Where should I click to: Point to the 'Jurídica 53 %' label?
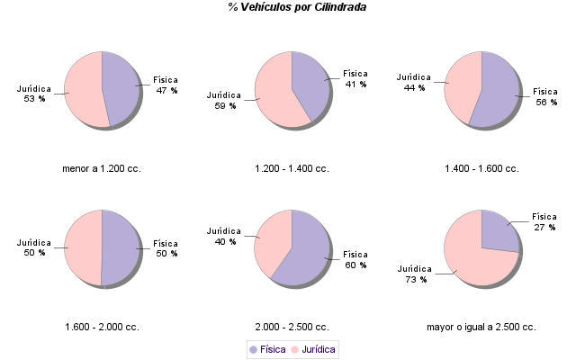click(x=35, y=94)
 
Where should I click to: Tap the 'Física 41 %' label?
click(x=355, y=79)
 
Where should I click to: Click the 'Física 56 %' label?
click(x=546, y=96)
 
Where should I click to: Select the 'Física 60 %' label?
click(x=355, y=259)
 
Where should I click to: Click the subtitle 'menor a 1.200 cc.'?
click(x=102, y=168)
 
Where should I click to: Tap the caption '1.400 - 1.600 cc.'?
click(x=481, y=168)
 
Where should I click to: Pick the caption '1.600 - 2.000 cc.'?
click(x=102, y=327)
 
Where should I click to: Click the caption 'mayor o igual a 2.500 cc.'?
click(x=481, y=327)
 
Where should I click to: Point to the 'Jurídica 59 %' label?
click(x=224, y=100)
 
